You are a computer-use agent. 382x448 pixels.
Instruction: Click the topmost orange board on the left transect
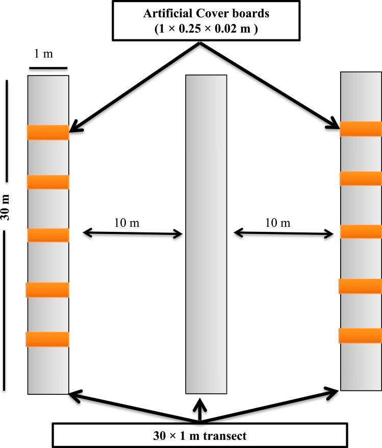[47, 132]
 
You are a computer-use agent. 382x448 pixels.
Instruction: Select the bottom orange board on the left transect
[47, 339]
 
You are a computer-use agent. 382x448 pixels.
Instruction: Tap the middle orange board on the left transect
[47, 235]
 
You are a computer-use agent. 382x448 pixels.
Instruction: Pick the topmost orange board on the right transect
[361, 129]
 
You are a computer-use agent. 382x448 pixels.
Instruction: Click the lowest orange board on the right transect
[361, 336]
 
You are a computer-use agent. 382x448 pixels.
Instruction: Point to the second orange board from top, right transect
[361, 178]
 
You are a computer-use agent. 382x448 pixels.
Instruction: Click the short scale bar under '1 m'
[47, 67]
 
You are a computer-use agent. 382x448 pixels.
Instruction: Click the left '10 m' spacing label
[126, 223]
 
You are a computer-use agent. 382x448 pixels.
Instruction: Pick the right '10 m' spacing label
[277, 223]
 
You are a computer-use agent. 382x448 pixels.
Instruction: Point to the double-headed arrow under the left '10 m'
[133, 234]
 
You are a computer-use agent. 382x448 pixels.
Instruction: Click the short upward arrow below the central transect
[199, 409]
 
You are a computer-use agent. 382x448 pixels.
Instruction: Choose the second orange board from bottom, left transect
[47, 290]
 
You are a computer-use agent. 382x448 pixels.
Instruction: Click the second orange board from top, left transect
[47, 182]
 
